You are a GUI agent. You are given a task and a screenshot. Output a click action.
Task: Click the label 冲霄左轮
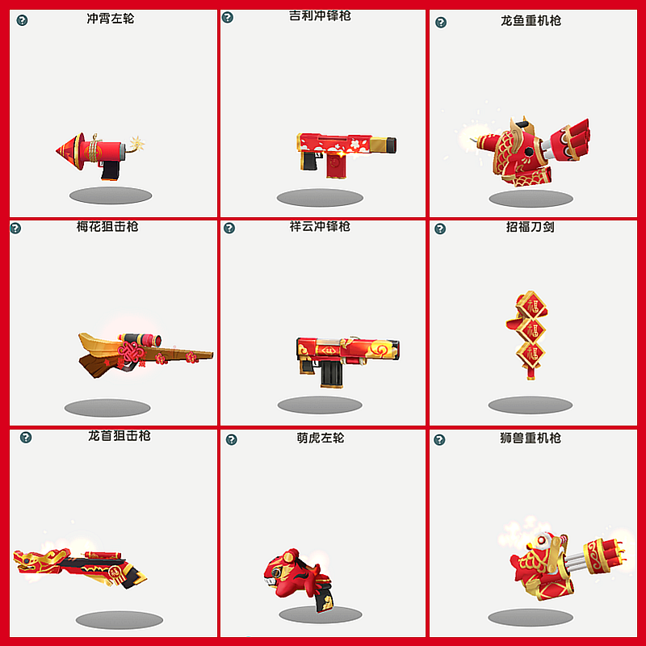coord(111,18)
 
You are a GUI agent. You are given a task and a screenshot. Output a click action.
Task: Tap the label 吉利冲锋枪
coord(320,15)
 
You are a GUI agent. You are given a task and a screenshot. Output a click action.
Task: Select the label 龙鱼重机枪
coord(531,20)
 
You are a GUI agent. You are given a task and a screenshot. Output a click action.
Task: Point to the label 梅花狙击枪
coord(107,227)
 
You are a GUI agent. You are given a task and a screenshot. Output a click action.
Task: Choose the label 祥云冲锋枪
coord(320,227)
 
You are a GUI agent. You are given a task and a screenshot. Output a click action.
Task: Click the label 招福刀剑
coord(530,227)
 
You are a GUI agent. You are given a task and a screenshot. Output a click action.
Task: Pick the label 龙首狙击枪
coord(120,436)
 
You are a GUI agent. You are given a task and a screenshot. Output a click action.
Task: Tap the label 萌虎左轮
coord(321,438)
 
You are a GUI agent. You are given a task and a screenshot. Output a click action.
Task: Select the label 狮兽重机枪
coord(531,438)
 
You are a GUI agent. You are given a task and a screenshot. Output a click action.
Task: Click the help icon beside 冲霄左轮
coord(22,19)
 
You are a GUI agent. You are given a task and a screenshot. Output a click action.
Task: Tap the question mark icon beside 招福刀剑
coord(440,229)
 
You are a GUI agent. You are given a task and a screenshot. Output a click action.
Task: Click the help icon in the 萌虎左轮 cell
coord(232,439)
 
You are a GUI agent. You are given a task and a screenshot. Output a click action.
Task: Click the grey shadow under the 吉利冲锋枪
coord(320,198)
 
